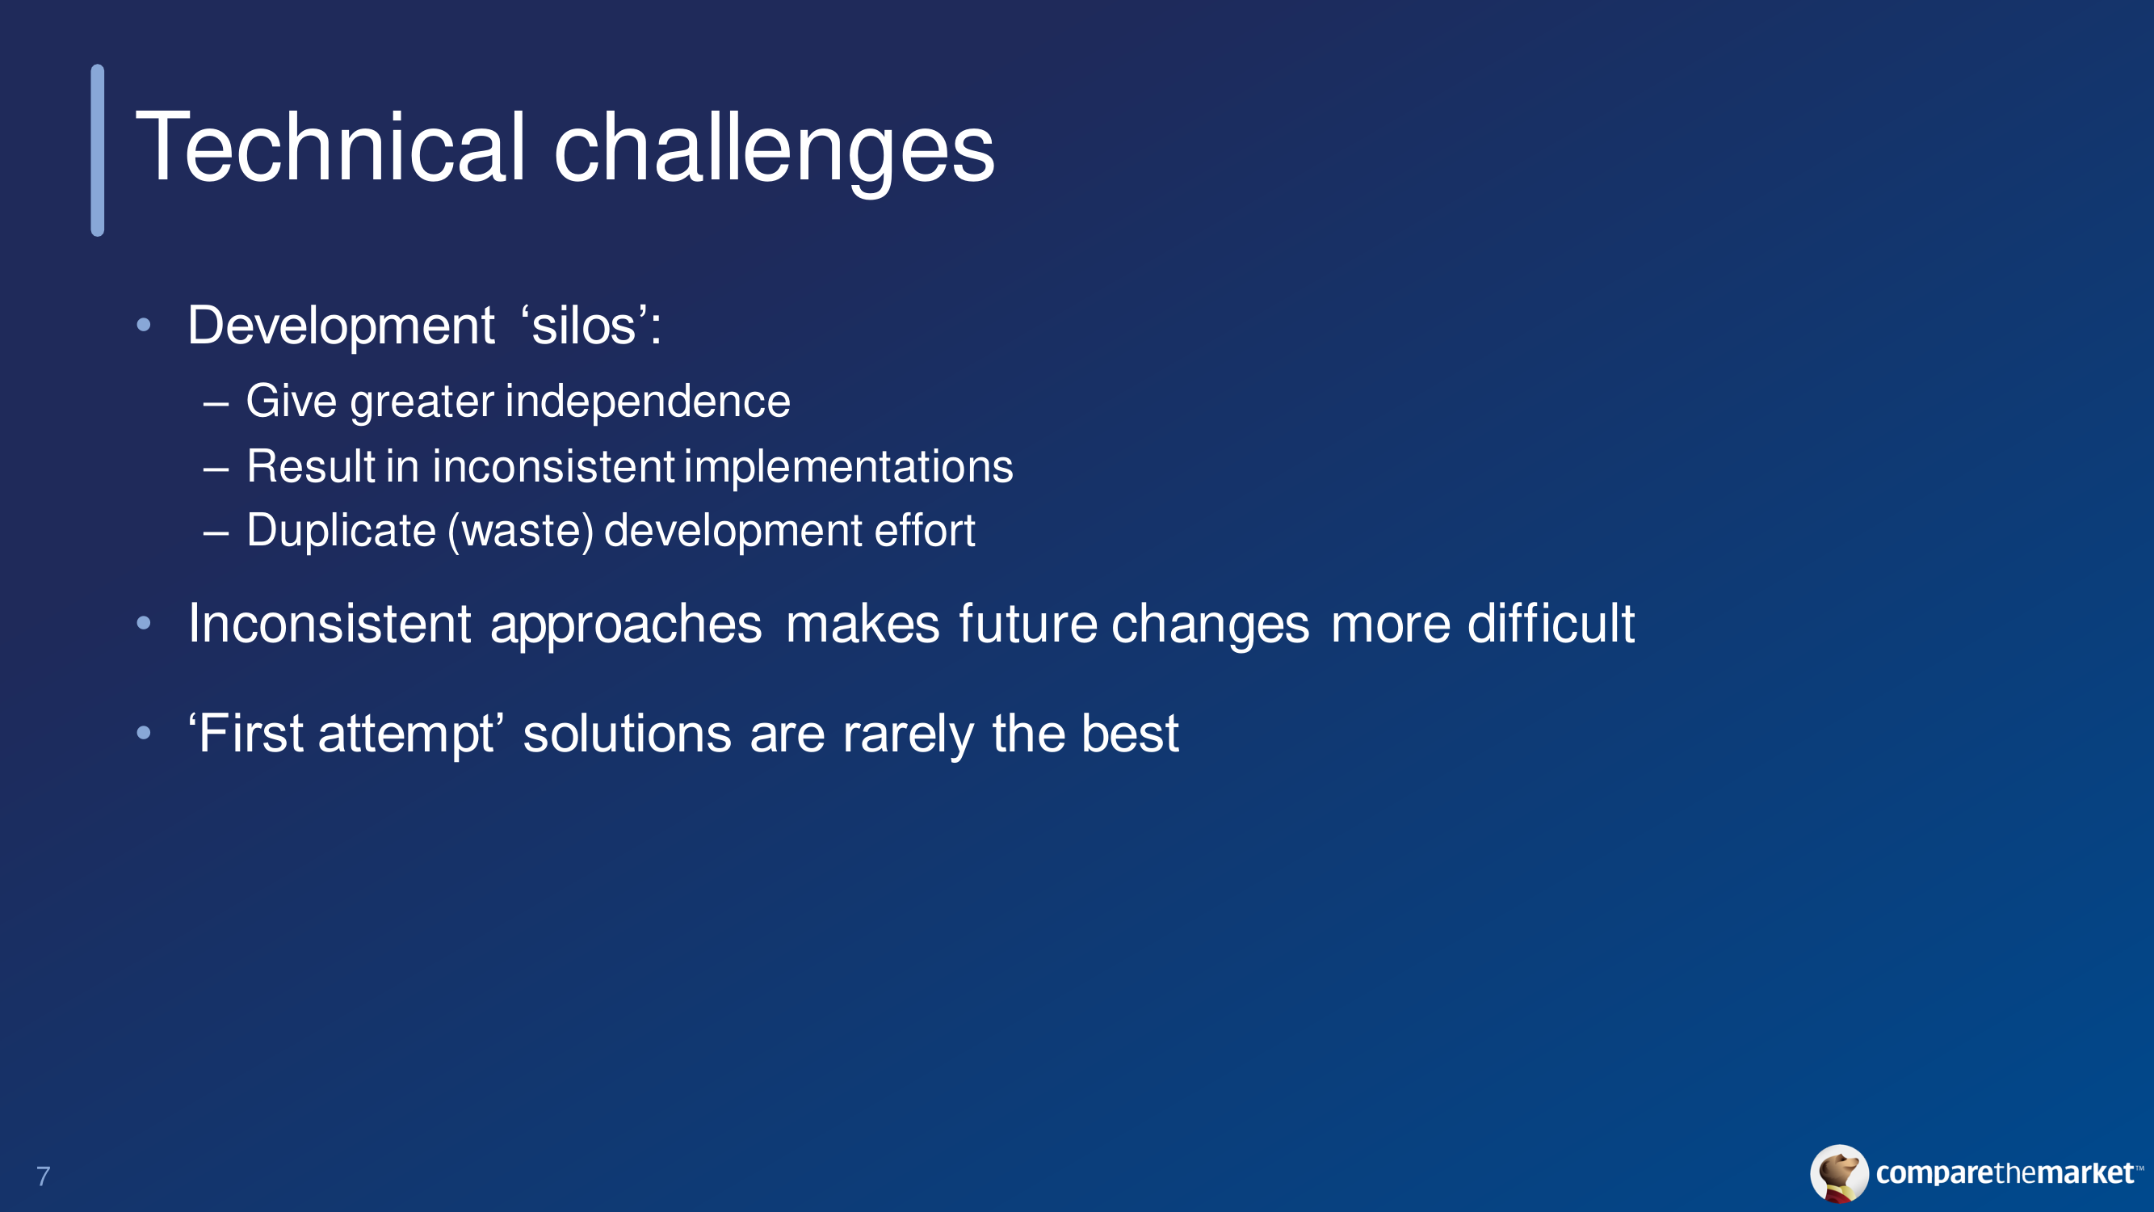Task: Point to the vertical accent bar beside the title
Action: pos(98,150)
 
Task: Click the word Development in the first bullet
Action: pos(341,326)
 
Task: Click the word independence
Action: pos(648,401)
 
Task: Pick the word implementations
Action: pos(849,466)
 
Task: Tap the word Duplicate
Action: pos(341,531)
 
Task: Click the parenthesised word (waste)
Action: pos(521,531)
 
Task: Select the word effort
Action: pos(925,530)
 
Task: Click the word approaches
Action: pos(626,625)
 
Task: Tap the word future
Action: pos(1027,624)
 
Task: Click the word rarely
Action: pos(908,735)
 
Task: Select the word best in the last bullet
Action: pos(1130,734)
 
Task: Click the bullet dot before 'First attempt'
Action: pos(144,734)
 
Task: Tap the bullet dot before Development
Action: pos(144,325)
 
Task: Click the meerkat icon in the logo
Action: pos(1840,1173)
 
